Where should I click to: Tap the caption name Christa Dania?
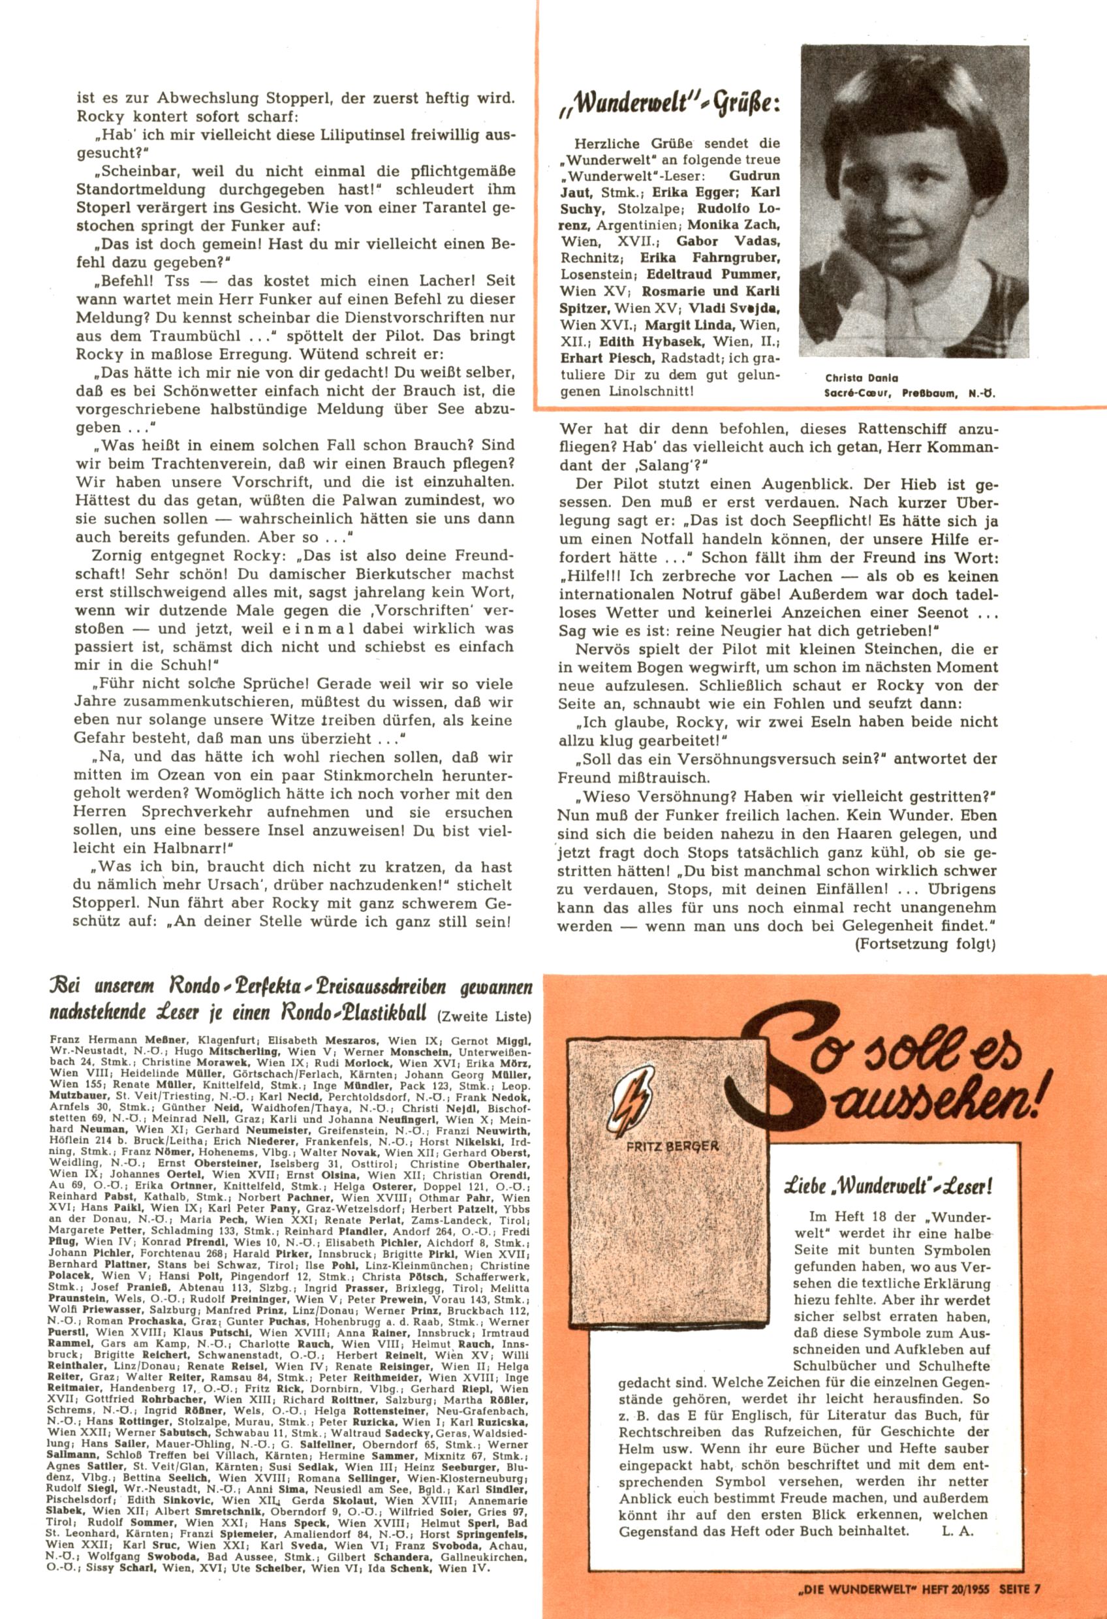(851, 378)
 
